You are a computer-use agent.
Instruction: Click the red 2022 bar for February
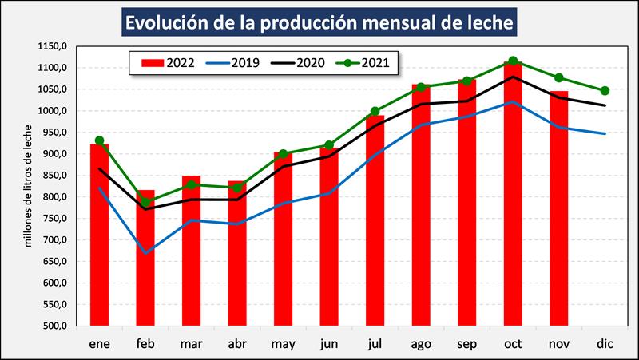(x=145, y=263)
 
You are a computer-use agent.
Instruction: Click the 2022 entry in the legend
(x=168, y=62)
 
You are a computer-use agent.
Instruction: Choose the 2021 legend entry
(x=363, y=62)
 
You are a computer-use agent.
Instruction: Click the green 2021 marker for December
(x=605, y=91)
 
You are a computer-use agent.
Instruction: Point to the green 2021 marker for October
(x=513, y=61)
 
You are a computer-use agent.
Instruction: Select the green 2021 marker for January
(x=99, y=140)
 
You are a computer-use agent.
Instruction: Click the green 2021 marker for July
(x=375, y=112)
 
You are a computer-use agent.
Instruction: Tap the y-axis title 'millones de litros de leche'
(x=29, y=186)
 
